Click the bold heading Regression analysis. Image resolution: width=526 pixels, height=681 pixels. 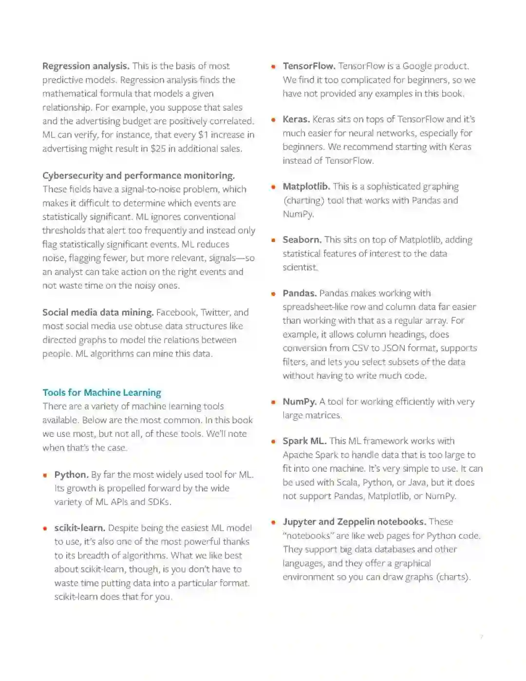point(86,66)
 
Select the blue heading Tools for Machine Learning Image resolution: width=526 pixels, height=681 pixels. point(101,392)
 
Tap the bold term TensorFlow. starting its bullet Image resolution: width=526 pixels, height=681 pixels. point(309,66)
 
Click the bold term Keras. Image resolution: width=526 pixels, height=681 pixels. point(296,119)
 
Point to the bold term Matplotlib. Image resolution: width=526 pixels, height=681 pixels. point(306,186)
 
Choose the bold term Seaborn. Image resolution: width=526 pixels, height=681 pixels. point(302,239)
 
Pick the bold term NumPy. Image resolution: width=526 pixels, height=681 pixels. point(300,402)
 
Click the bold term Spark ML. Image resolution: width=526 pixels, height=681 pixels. point(304,441)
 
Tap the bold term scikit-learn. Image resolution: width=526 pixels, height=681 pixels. point(79,528)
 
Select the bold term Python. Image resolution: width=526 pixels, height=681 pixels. point(71,474)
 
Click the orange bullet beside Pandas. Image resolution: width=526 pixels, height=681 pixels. point(274,293)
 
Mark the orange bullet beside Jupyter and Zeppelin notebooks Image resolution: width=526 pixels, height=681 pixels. point(274,522)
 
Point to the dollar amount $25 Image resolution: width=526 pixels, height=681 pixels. point(158,149)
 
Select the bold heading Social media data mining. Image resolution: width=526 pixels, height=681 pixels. point(98,312)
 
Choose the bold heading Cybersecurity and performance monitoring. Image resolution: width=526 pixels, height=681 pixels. point(138,175)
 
